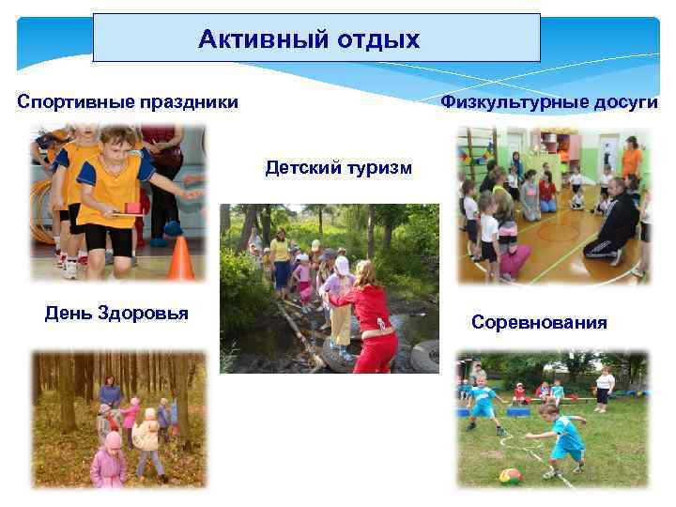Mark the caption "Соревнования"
tap(539, 323)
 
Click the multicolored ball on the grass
tap(511, 475)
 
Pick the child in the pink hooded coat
tap(109, 461)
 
